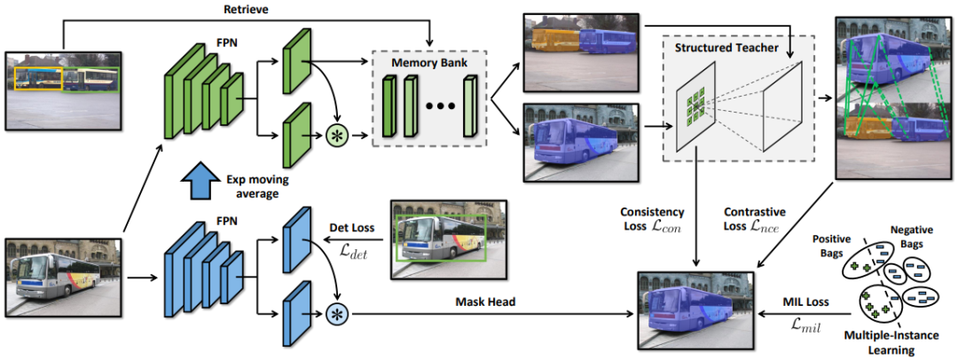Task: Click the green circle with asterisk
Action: (336, 137)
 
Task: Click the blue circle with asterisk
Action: (336, 313)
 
